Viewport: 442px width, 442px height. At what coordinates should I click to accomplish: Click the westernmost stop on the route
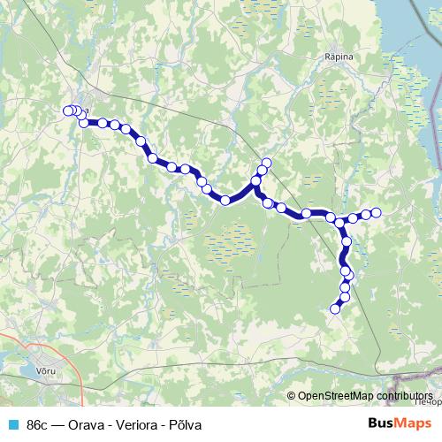pos(67,110)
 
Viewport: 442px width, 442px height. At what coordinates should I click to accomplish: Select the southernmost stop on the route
pos(335,309)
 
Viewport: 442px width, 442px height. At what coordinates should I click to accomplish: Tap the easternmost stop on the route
pos(376,212)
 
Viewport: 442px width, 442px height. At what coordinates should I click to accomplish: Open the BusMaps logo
pos(397,423)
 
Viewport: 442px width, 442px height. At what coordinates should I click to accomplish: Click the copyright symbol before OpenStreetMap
pos(292,396)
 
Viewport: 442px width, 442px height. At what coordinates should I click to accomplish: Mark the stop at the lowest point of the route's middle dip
pos(225,201)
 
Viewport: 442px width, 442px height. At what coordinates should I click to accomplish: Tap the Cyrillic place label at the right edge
pos(428,402)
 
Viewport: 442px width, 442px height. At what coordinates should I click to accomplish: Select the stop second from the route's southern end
pos(344,298)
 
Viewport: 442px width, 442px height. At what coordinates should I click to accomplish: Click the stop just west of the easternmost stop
pos(365,214)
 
